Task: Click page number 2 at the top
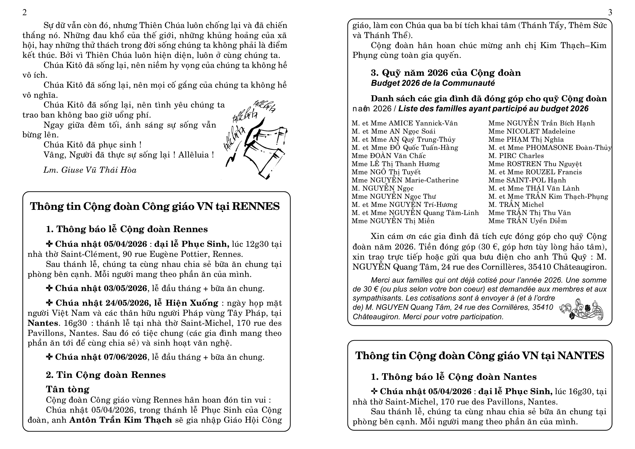pyautogui.click(x=25, y=12)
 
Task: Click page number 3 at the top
pyautogui.click(x=610, y=12)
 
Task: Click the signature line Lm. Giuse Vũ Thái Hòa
pyautogui.click(x=90, y=170)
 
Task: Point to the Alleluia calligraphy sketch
pyautogui.click(x=256, y=140)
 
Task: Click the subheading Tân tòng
pyautogui.click(x=68, y=389)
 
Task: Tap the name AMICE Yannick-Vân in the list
pyautogui.click(x=423, y=123)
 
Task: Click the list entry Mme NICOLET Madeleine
pyautogui.click(x=532, y=131)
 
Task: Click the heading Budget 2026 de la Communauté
pyautogui.click(x=432, y=83)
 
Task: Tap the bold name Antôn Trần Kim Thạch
pyautogui.click(x=121, y=420)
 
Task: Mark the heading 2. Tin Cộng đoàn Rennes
pyautogui.click(x=106, y=375)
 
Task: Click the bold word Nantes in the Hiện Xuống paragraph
pyautogui.click(x=43, y=323)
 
